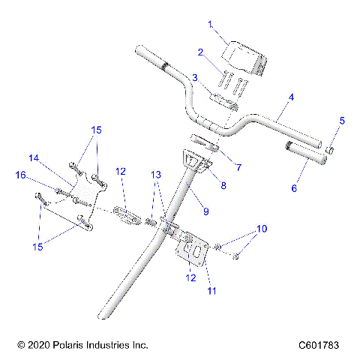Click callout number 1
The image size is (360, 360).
(x=211, y=25)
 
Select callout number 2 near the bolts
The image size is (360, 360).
(x=200, y=52)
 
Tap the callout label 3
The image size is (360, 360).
(x=194, y=78)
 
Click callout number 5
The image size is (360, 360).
(x=342, y=120)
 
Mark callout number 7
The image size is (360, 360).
(x=238, y=167)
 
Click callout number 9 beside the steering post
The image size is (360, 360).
(x=205, y=212)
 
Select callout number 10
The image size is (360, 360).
(x=261, y=228)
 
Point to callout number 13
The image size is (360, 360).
(x=155, y=195)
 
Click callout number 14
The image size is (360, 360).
(x=33, y=158)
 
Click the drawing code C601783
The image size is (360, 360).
(x=319, y=345)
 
